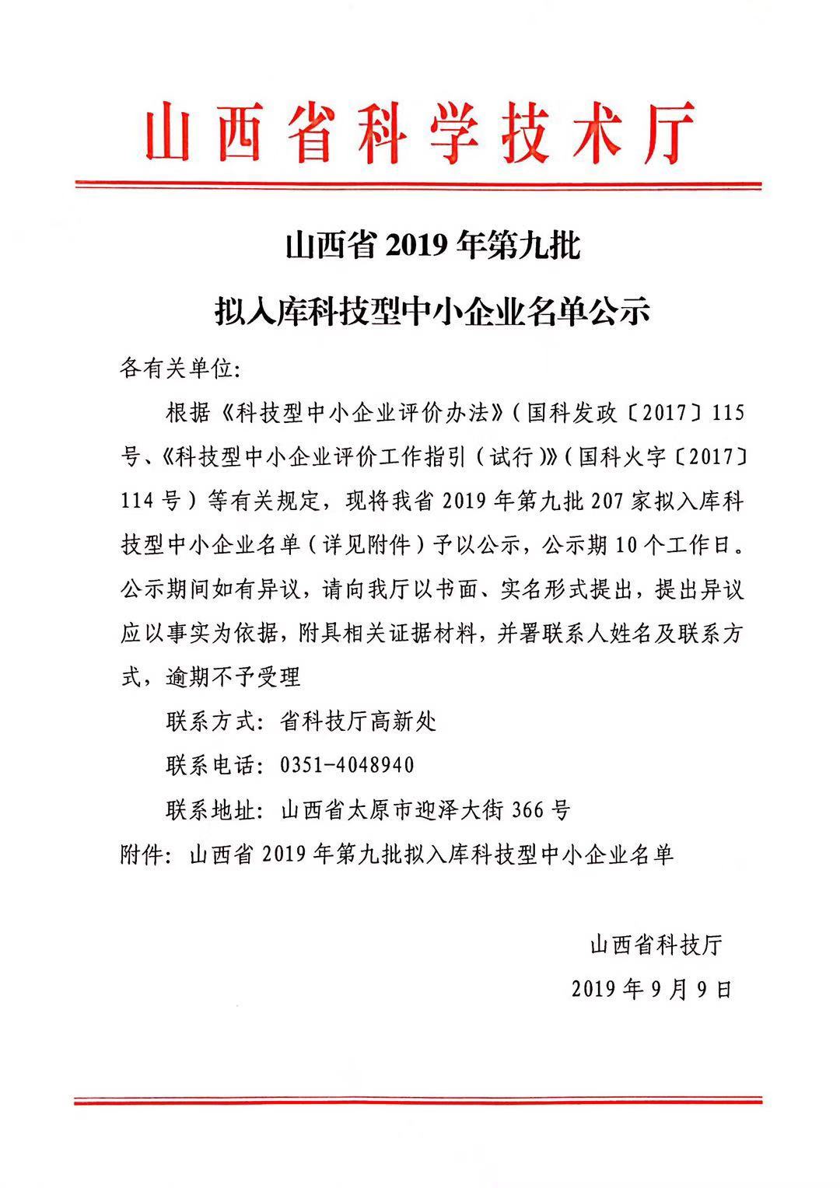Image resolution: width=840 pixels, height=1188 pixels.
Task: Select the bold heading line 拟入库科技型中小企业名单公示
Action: (x=432, y=313)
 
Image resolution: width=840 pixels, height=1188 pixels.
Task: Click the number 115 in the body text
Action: (x=729, y=412)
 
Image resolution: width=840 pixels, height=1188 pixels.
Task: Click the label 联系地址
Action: (x=210, y=811)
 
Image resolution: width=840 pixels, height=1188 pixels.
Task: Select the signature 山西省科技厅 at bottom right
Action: (x=656, y=945)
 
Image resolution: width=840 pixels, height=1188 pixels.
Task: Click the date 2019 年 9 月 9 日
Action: (x=652, y=989)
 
